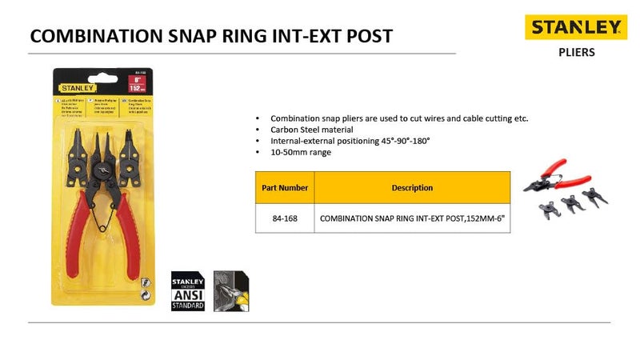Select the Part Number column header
click(285, 188)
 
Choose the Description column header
click(412, 188)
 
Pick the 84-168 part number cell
click(285, 217)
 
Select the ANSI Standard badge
click(190, 291)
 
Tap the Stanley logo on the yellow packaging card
click(75, 88)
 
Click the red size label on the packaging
click(137, 84)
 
